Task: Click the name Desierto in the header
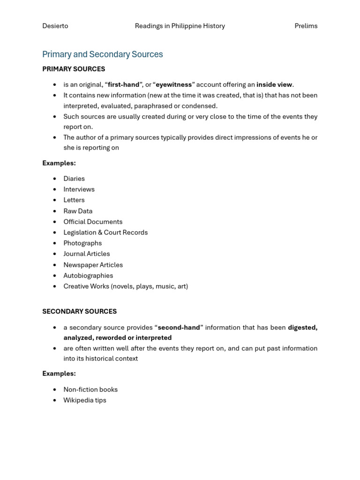(x=55, y=26)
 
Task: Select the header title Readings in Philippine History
(x=180, y=26)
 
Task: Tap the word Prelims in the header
(x=306, y=26)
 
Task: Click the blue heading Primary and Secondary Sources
(x=102, y=54)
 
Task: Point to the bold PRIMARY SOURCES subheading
(x=74, y=69)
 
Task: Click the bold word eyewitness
(x=173, y=85)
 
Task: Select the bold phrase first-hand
(x=123, y=85)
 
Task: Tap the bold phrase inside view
(x=274, y=85)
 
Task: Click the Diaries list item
(x=74, y=179)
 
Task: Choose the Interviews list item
(x=79, y=189)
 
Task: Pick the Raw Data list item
(x=78, y=211)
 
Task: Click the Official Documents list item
(x=93, y=222)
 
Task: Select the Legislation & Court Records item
(x=105, y=232)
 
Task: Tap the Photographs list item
(x=82, y=243)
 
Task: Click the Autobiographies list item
(x=88, y=276)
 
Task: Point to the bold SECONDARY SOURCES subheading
(x=79, y=311)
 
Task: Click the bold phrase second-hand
(x=179, y=328)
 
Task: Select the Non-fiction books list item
(x=90, y=390)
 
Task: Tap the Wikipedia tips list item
(x=85, y=400)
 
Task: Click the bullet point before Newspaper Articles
(x=55, y=265)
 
